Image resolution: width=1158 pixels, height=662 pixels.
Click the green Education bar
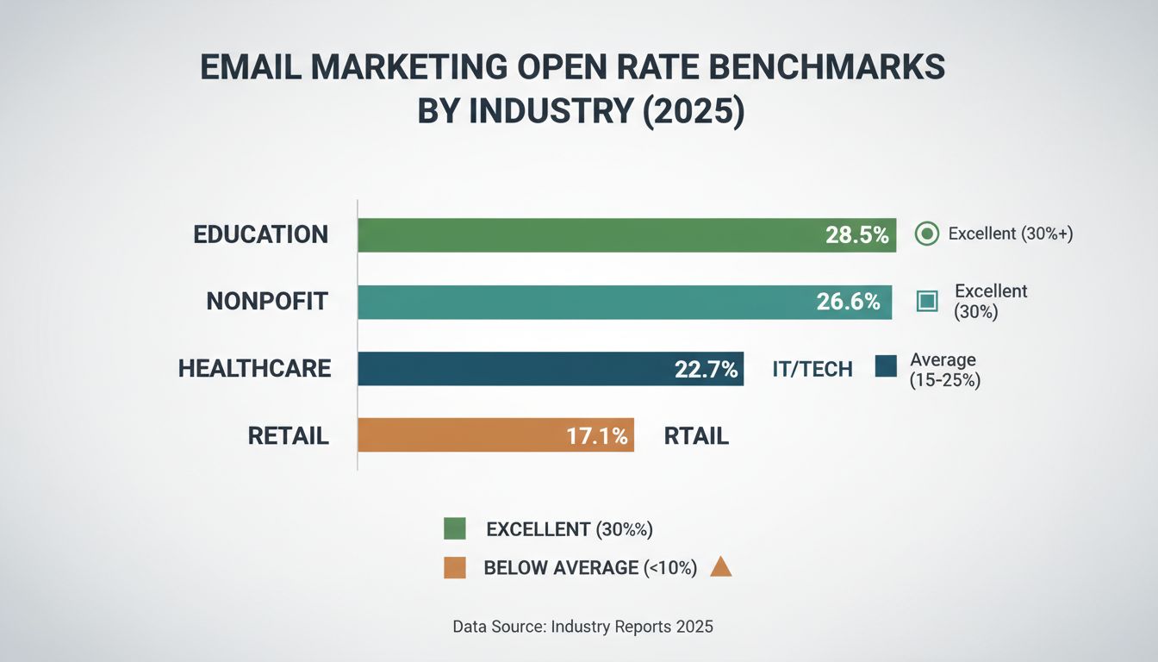[x=586, y=234]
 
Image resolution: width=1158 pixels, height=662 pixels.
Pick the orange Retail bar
[x=457, y=435]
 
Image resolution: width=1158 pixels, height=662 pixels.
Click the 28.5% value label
[x=856, y=234]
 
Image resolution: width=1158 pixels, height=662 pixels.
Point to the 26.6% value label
[x=848, y=302]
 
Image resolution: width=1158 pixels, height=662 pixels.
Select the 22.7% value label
[x=706, y=369]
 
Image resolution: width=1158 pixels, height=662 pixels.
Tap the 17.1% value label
[x=597, y=436]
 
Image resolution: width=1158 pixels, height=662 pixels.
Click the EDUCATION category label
[x=261, y=234]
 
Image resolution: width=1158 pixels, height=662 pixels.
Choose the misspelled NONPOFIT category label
[x=267, y=302]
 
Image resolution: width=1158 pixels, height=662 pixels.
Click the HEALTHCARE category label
[x=254, y=369]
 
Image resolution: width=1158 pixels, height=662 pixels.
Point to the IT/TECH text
[x=812, y=370]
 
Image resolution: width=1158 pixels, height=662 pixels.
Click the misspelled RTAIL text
[x=696, y=436]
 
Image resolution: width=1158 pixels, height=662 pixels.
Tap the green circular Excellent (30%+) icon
[x=926, y=234]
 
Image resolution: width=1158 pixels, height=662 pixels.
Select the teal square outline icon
[x=926, y=301]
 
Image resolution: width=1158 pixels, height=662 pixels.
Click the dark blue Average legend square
[x=886, y=367]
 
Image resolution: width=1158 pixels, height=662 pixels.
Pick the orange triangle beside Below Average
[x=720, y=567]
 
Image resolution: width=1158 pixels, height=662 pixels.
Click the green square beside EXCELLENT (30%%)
[x=454, y=528]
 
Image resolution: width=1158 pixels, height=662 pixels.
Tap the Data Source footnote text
[x=582, y=627]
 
